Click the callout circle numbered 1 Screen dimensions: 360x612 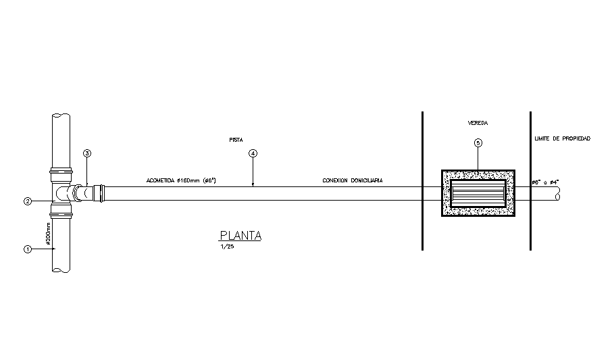28,249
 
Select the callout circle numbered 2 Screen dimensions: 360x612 28,201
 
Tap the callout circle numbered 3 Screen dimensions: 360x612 87,153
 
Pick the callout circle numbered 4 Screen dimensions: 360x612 253,153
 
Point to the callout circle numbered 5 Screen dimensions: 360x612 478,143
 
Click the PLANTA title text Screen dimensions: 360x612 240,236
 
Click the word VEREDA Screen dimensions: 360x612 478,124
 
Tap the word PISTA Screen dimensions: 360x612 235,140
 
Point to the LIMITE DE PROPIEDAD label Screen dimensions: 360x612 562,138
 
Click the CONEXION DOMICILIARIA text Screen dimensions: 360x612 352,181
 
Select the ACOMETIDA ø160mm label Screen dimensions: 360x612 180,181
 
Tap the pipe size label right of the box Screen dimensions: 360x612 546,182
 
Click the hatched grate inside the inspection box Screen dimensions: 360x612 478,192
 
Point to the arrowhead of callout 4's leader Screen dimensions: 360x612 253,184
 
